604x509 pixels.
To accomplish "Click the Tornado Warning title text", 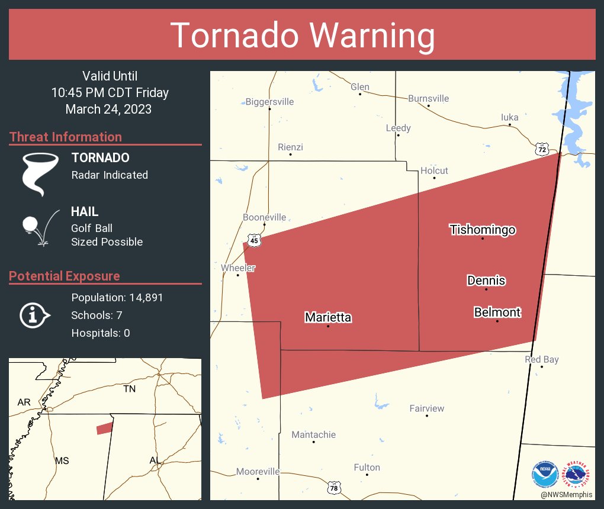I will (x=302, y=36).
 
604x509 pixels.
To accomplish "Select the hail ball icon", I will (x=30, y=225).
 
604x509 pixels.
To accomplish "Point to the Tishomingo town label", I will (x=482, y=230).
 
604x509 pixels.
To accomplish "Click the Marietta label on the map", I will (x=328, y=317).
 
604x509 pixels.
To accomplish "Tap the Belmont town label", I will (x=497, y=312).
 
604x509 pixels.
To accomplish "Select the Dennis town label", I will (x=486, y=281).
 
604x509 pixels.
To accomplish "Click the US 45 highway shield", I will (x=254, y=240).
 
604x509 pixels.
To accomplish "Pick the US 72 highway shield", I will (x=542, y=149).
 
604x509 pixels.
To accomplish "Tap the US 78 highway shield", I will (x=334, y=487).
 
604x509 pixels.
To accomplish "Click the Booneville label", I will (x=264, y=217).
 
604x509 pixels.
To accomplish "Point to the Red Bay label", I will (x=541, y=359).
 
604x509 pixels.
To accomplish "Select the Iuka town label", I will (x=509, y=117).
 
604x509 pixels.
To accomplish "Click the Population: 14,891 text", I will (x=117, y=297).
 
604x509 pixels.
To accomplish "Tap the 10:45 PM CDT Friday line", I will (x=110, y=92).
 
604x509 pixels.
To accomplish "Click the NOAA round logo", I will (x=545, y=475).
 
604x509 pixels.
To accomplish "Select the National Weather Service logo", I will (x=577, y=475).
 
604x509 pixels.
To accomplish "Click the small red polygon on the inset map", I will (x=104, y=428).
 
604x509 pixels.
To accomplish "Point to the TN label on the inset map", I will (x=129, y=389).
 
